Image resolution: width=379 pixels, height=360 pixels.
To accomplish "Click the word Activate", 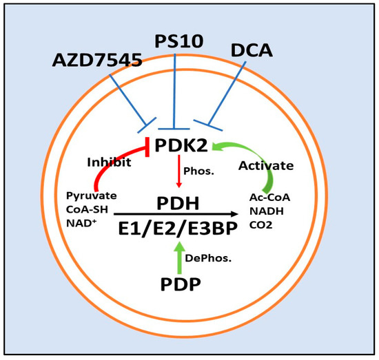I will click(x=265, y=165).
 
